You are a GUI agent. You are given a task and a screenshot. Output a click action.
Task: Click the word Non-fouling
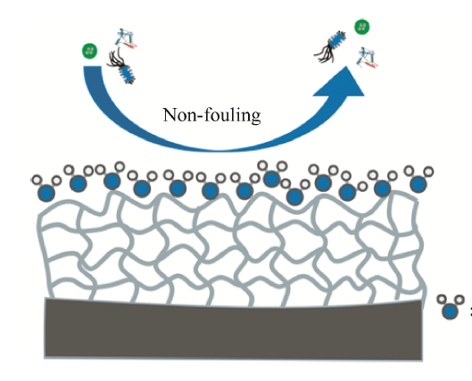pyautogui.click(x=211, y=115)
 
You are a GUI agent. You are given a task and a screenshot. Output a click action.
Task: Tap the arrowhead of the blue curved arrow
pyautogui.click(x=342, y=84)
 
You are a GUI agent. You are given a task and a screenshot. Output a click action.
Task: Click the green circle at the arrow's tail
pyautogui.click(x=90, y=51)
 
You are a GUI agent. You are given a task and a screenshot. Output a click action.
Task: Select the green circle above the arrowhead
pyautogui.click(x=362, y=27)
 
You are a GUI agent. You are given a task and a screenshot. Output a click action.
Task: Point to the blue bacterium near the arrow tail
pyautogui.click(x=127, y=74)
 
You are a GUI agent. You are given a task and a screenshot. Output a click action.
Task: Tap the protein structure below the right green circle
pyautogui.click(x=367, y=57)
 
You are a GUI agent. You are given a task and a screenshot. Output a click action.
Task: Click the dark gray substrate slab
pyautogui.click(x=233, y=329)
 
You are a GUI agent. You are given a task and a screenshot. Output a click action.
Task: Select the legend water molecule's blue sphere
pyautogui.click(x=450, y=311)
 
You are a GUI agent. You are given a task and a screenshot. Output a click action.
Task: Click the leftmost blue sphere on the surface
pyautogui.click(x=46, y=193)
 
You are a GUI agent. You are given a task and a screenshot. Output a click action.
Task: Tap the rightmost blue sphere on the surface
pyautogui.click(x=418, y=184)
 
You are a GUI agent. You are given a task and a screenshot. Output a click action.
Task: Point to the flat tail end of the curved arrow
pyautogui.click(x=93, y=67)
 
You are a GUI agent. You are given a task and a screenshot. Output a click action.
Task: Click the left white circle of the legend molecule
pyautogui.click(x=442, y=299)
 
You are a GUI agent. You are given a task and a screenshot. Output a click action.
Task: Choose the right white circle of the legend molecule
pyautogui.click(x=460, y=299)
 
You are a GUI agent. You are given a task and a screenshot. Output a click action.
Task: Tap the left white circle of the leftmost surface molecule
pyautogui.click(x=37, y=180)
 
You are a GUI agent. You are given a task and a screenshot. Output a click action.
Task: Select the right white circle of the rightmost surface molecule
pyautogui.click(x=428, y=171)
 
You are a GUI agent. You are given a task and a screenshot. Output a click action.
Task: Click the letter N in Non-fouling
pyautogui.click(x=170, y=115)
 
